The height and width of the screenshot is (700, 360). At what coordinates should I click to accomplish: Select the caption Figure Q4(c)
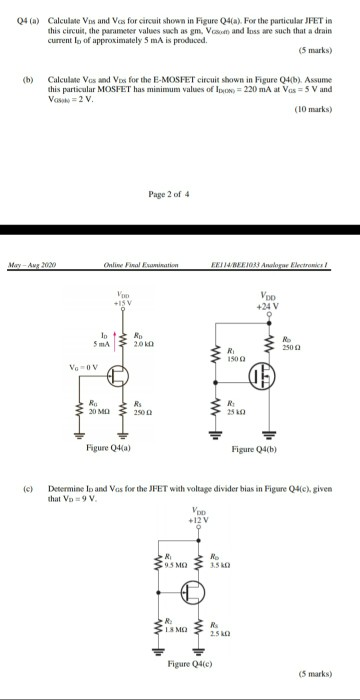[200, 663]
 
